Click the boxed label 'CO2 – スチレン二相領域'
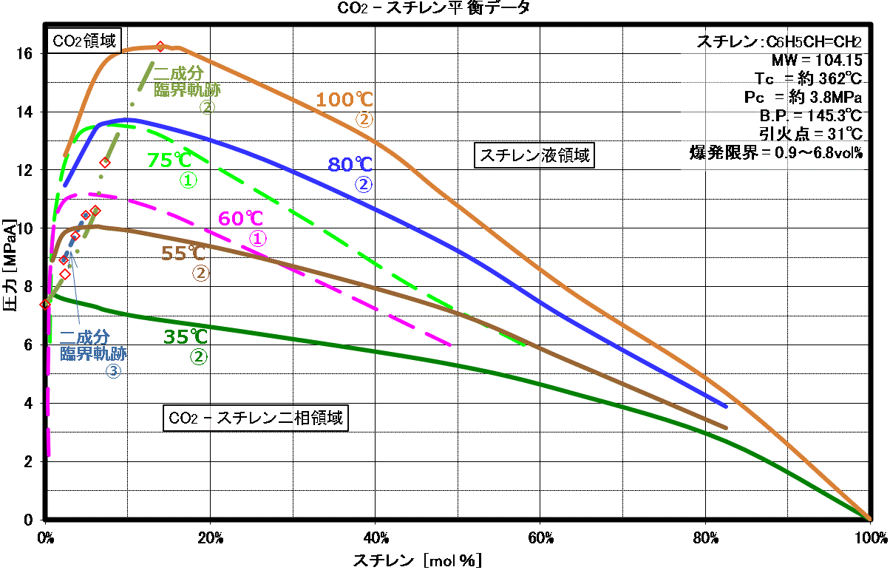(256, 418)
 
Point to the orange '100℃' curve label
(345, 100)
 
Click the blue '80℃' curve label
(350, 164)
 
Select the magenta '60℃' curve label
(241, 218)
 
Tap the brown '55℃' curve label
(184, 254)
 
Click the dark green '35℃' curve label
(186, 336)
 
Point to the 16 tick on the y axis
(24, 53)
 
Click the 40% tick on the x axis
(376, 536)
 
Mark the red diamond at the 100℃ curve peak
(160, 47)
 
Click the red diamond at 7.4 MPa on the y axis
(45, 304)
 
